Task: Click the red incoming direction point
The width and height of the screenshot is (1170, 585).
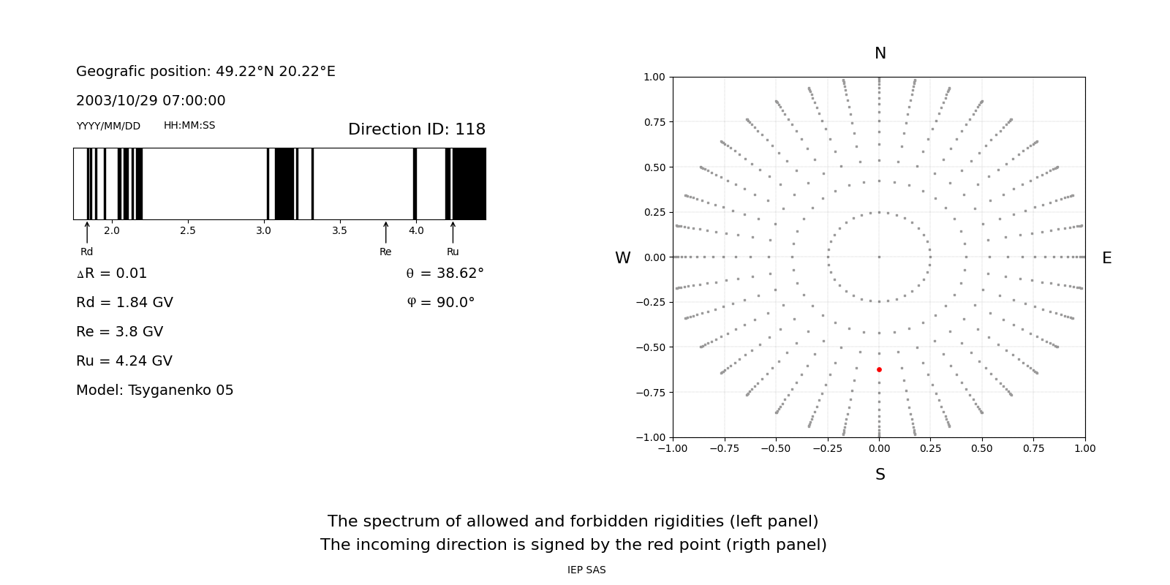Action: pos(879,370)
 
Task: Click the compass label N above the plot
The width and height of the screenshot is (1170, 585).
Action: pos(880,53)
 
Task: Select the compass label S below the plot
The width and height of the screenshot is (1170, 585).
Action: pos(880,475)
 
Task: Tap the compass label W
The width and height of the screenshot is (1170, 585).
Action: pos(622,258)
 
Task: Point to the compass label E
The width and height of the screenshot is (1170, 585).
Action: pos(1106,258)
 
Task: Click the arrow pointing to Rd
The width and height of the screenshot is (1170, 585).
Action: pos(87,232)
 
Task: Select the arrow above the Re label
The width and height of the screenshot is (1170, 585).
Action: pos(385,232)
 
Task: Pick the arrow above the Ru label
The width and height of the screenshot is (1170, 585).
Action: pos(453,232)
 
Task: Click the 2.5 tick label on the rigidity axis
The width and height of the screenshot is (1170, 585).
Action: pos(188,231)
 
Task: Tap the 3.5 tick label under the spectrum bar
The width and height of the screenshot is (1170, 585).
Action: pos(339,231)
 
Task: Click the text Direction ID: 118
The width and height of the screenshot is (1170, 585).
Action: pos(416,129)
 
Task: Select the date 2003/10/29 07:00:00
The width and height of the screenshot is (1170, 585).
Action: pos(151,101)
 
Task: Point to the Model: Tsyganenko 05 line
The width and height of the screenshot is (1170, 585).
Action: pos(155,390)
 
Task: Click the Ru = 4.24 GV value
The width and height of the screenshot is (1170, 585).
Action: pos(124,361)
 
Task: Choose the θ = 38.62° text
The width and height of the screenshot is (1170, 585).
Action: pos(445,273)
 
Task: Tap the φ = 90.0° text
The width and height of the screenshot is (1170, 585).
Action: pos(440,303)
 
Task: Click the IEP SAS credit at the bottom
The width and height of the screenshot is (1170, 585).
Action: pos(586,570)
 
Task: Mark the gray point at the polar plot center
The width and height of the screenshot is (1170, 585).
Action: pos(879,257)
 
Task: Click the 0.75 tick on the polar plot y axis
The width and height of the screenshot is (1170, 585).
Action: pos(654,122)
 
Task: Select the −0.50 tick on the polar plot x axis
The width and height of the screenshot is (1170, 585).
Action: pos(776,448)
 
